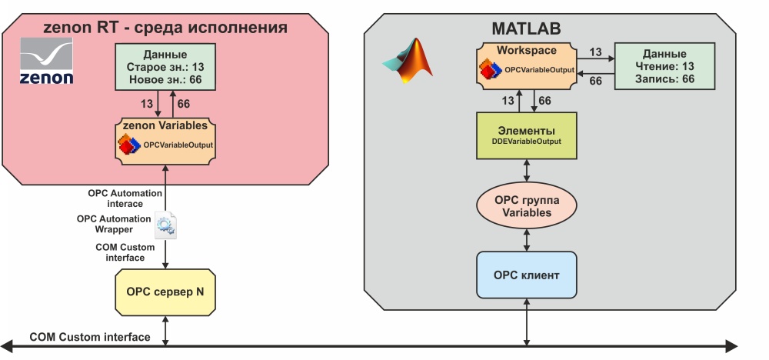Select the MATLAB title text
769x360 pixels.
click(x=526, y=29)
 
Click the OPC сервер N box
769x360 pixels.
click(x=165, y=293)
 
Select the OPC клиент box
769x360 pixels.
click(x=526, y=275)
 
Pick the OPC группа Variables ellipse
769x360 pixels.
click(x=526, y=206)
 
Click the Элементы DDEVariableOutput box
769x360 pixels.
click(x=526, y=135)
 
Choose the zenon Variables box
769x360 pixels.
click(x=165, y=139)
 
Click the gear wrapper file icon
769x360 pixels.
click(x=165, y=225)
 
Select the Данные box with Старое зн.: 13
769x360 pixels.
click(x=165, y=67)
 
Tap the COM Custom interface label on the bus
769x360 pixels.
click(x=89, y=337)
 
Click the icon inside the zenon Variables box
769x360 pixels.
click(x=128, y=144)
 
